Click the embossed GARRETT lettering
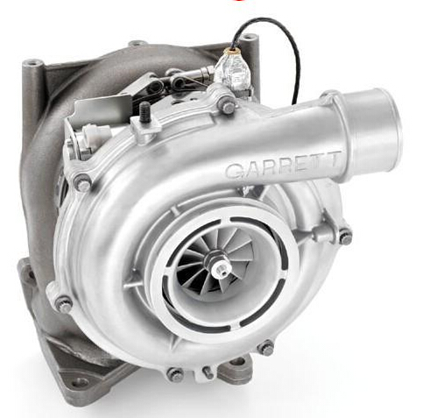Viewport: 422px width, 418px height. tap(283, 166)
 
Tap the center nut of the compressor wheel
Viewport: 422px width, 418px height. tap(221, 269)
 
